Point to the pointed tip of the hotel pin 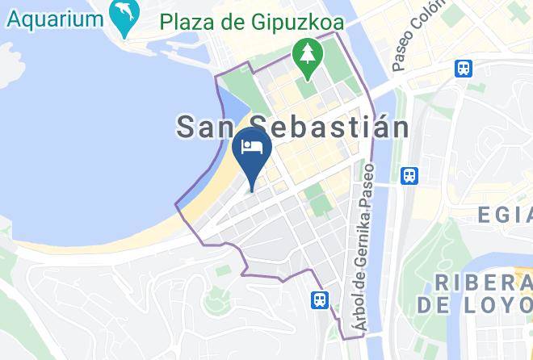[x=251, y=191]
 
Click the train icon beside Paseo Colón [x=464, y=68]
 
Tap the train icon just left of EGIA [x=409, y=174]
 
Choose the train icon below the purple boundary [x=321, y=299]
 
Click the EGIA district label [x=505, y=215]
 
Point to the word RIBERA [x=483, y=283]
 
